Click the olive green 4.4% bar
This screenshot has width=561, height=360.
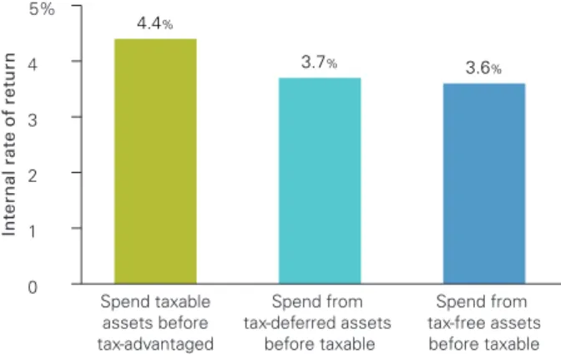pyautogui.click(x=155, y=161)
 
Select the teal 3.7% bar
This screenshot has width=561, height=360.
pyautogui.click(x=320, y=180)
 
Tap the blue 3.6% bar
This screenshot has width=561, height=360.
pyautogui.click(x=484, y=184)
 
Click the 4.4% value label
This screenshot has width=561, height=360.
pyautogui.click(x=155, y=23)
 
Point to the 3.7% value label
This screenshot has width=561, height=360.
pyautogui.click(x=319, y=63)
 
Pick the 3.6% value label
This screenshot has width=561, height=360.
pyautogui.click(x=483, y=68)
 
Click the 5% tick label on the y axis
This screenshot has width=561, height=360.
pyautogui.click(x=43, y=8)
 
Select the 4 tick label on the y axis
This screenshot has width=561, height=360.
pyautogui.click(x=33, y=64)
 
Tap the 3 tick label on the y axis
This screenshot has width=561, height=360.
pyautogui.click(x=33, y=120)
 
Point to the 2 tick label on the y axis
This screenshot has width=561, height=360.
pyautogui.click(x=33, y=175)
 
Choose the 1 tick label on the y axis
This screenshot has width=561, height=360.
pyautogui.click(x=33, y=231)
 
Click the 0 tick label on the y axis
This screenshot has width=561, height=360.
pyautogui.click(x=33, y=287)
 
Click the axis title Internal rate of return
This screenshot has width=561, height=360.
pyautogui.click(x=9, y=145)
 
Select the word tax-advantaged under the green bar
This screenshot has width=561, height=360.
pyautogui.click(x=155, y=344)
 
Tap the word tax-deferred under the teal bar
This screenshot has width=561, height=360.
pyautogui.click(x=292, y=323)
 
